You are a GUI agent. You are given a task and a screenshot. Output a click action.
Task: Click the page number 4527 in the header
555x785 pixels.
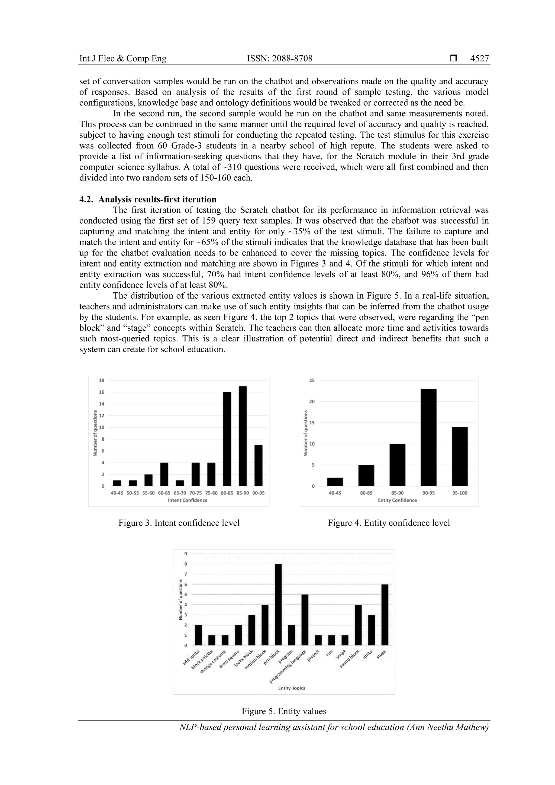479,59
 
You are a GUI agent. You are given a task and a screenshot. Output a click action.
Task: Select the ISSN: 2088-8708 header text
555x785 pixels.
279,59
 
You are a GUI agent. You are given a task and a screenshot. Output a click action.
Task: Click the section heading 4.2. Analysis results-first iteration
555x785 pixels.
148,199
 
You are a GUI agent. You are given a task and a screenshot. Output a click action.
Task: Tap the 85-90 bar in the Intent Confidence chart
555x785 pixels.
243,436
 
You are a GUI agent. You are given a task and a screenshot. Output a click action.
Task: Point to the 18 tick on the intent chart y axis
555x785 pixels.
102,380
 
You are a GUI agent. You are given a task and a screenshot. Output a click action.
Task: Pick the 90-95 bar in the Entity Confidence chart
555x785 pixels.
428,437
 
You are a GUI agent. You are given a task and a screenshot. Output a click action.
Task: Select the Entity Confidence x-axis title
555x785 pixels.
397,500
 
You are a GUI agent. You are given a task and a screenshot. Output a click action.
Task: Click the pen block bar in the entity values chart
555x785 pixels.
278,605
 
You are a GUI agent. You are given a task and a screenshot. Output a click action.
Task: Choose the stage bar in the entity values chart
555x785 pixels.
385,615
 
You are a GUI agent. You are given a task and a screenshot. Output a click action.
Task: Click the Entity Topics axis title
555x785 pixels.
291,688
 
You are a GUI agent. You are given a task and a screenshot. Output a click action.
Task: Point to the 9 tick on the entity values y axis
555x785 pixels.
186,554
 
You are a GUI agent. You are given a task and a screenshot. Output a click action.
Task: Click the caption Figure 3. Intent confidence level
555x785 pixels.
179,523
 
